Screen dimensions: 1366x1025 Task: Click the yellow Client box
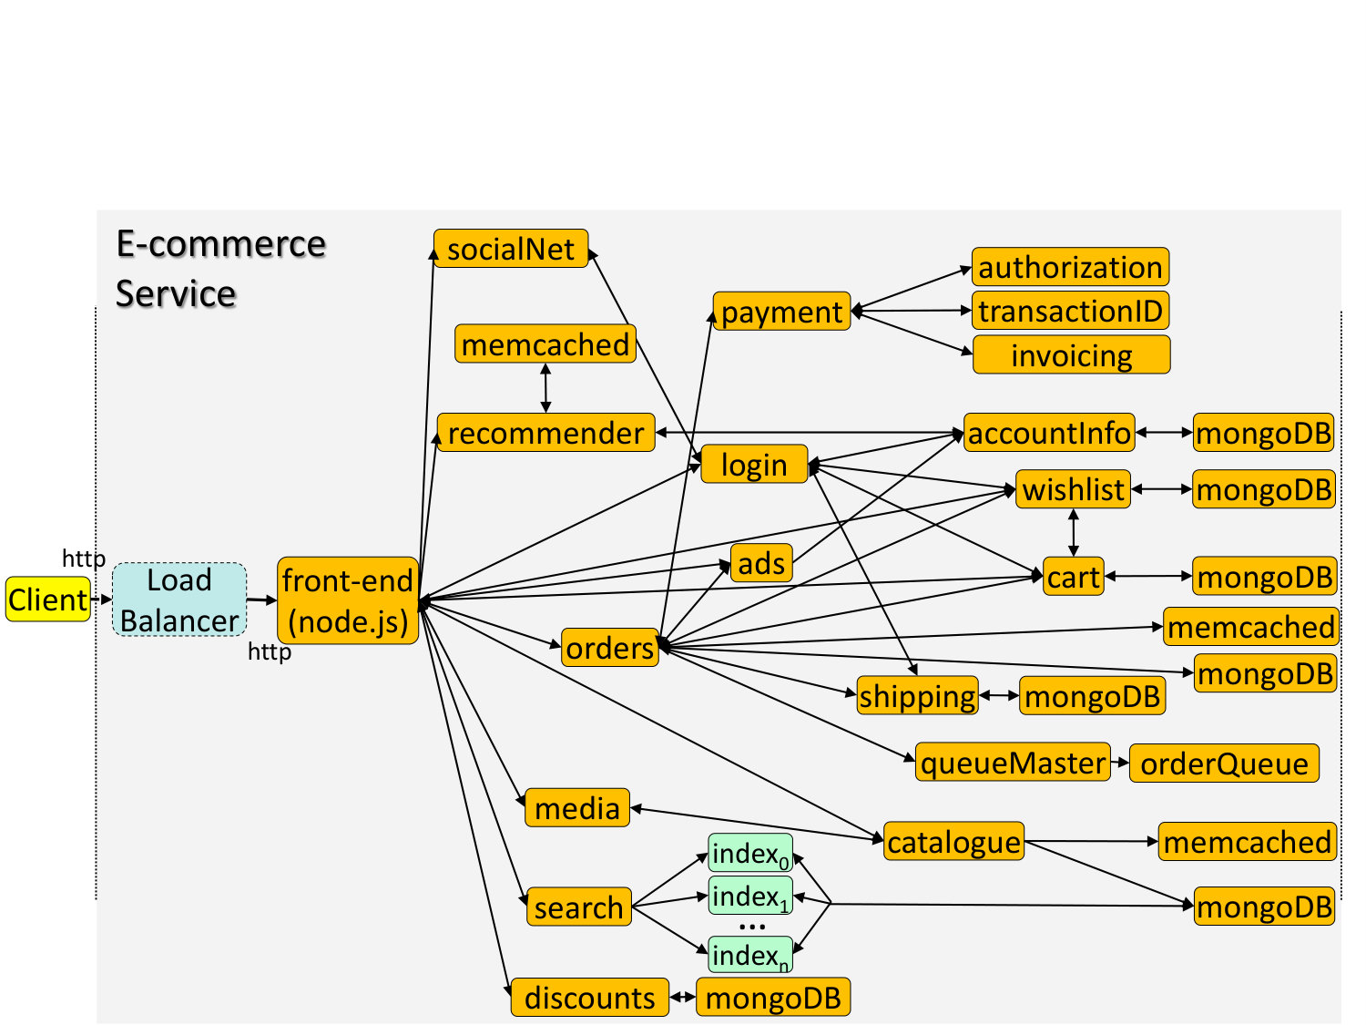(x=48, y=599)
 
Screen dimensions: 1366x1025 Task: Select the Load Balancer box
(x=179, y=600)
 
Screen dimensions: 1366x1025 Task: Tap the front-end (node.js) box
(x=347, y=600)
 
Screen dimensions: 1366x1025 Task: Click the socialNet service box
(x=510, y=249)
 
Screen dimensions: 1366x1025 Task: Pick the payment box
(x=781, y=311)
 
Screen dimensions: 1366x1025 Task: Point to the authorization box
(x=1070, y=266)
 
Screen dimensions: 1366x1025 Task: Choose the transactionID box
(x=1070, y=310)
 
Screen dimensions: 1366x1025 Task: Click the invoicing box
(x=1071, y=354)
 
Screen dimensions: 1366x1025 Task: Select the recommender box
(x=545, y=432)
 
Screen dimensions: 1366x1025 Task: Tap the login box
(x=754, y=464)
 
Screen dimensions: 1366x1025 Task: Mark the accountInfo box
(x=1049, y=432)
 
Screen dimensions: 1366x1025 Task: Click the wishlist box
(x=1073, y=488)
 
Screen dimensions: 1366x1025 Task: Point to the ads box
(x=761, y=562)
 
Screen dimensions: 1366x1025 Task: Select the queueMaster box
(x=1013, y=762)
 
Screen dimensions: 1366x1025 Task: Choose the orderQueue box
(x=1224, y=763)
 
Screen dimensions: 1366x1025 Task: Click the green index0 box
(x=750, y=852)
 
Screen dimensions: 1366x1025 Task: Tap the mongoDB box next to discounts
(x=773, y=997)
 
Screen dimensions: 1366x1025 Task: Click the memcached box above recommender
(x=545, y=343)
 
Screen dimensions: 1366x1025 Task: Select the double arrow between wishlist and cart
(x=1074, y=532)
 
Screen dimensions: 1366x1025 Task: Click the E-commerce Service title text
(x=221, y=268)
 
